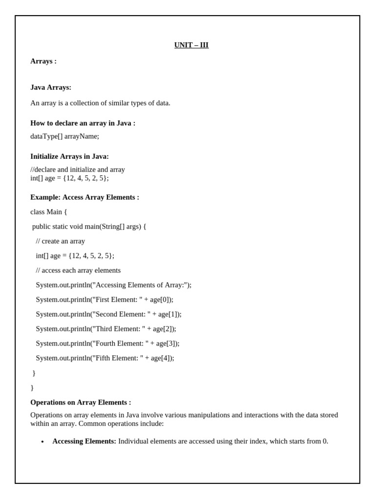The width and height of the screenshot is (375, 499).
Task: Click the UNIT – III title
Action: click(191, 45)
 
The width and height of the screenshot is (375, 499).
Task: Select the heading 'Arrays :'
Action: click(43, 61)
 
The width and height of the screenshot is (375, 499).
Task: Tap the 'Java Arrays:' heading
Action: click(51, 88)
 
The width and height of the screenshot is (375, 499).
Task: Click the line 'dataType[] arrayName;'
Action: click(64, 136)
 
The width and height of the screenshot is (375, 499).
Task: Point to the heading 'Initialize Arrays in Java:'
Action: click(69, 157)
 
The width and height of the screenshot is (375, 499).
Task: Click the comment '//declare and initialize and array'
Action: click(78, 170)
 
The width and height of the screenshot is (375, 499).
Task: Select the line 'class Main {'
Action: click(49, 212)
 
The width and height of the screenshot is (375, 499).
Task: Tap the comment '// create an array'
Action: click(60, 241)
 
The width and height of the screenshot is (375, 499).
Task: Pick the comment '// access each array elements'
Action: click(78, 270)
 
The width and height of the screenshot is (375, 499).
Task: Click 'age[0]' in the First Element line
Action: click(160, 300)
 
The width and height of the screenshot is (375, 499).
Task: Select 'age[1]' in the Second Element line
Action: click(168, 314)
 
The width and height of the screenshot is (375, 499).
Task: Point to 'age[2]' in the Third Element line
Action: click(163, 329)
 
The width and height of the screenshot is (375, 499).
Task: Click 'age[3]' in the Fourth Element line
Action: click(167, 344)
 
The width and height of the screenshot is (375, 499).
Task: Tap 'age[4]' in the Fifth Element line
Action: click(161, 358)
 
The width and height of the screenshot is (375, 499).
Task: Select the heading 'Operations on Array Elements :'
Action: click(81, 403)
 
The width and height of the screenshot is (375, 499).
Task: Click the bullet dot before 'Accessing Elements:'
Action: click(42, 442)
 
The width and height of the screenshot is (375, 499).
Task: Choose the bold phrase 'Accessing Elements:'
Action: click(84, 441)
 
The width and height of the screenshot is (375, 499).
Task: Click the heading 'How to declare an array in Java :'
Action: click(83, 123)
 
